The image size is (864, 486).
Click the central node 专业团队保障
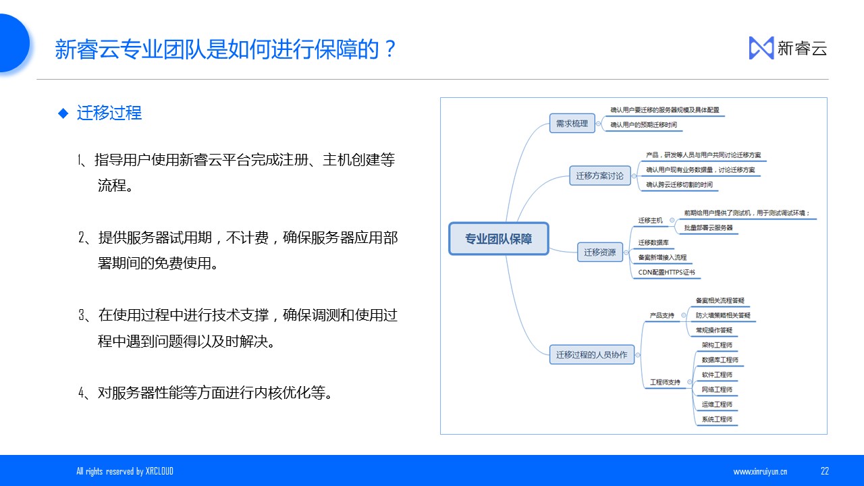click(499, 239)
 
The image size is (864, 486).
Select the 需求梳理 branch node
click(572, 124)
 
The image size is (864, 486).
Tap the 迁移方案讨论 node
click(599, 176)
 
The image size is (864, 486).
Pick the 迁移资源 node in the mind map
click(599, 252)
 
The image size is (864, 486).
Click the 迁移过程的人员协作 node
click(591, 354)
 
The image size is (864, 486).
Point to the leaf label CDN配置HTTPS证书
click(666, 273)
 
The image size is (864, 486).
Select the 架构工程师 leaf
click(717, 345)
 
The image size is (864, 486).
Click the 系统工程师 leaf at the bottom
click(717, 419)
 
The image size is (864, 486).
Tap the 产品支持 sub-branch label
click(661, 315)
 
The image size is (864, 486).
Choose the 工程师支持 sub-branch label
click(666, 382)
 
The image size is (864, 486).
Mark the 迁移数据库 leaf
click(653, 242)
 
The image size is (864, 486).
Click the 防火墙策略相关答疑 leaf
click(723, 315)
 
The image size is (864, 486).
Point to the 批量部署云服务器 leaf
click(708, 228)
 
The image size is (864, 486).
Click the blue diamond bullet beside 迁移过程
click(63, 113)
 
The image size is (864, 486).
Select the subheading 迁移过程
click(109, 113)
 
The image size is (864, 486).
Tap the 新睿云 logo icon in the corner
click(761, 48)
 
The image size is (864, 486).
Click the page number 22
click(825, 471)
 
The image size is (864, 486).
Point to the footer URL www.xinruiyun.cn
click(760, 472)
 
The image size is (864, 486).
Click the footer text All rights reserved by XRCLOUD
click(125, 471)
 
